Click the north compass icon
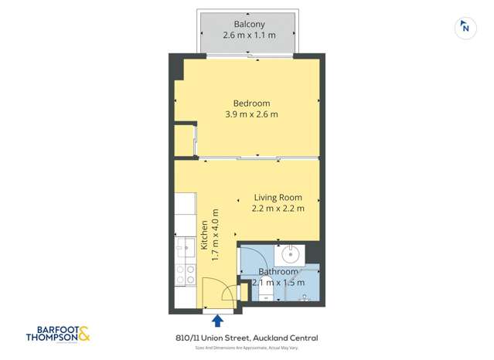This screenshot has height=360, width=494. pos(465,28)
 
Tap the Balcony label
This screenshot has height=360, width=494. pos(249,25)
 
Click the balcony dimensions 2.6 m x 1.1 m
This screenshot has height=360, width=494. pos(249,36)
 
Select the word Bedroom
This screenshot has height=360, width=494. pos(251,104)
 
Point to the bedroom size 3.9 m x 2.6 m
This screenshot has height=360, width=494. pos(251,114)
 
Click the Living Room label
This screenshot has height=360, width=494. pos(278,197)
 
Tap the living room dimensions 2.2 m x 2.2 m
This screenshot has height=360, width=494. pos(278,208)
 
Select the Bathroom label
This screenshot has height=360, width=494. pos(278,272)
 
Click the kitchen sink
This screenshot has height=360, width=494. pos(186,248)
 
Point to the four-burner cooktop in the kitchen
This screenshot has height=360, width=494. pos(186,274)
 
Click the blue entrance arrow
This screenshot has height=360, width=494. pos(218,320)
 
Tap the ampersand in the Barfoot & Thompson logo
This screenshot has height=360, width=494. pos(83,335)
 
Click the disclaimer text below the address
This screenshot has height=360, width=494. pos(247,349)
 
